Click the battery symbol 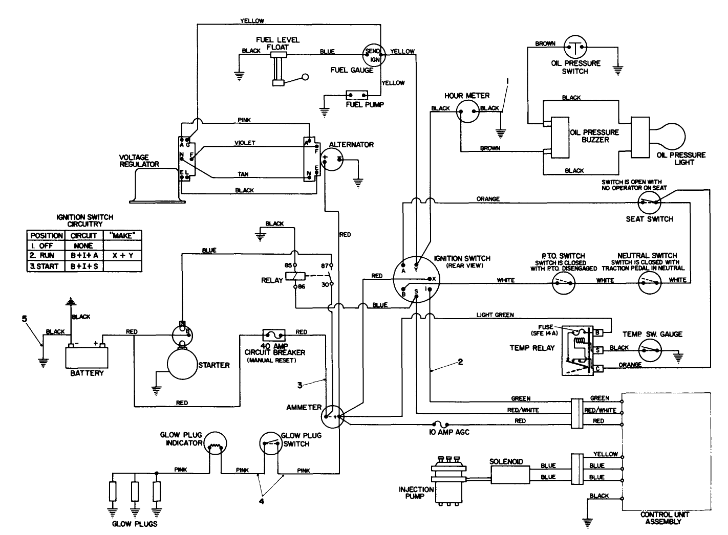87,355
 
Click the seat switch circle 650,203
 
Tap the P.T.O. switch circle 564,282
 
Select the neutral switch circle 650,282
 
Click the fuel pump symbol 357,95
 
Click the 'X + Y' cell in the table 123,255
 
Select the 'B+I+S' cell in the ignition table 83,266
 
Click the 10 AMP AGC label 449,432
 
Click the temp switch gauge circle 650,351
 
